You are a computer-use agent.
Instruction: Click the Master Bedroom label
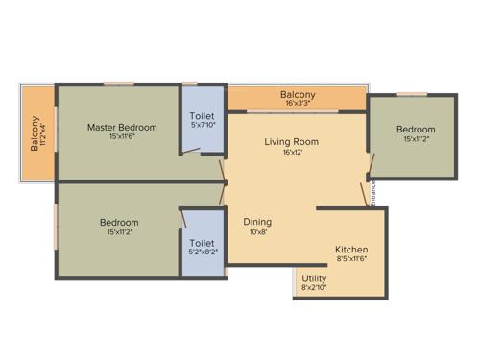pyautogui.click(x=122, y=127)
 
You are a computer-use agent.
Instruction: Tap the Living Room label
pyautogui.click(x=292, y=142)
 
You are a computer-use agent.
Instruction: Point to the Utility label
pyautogui.click(x=314, y=277)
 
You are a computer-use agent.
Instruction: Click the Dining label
pyautogui.click(x=257, y=220)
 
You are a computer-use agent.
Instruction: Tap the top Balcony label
pyautogui.click(x=298, y=95)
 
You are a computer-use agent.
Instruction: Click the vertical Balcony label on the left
pyautogui.click(x=35, y=133)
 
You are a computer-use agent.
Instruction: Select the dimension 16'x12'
pyautogui.click(x=292, y=153)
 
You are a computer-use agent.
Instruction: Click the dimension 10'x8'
pyautogui.click(x=257, y=230)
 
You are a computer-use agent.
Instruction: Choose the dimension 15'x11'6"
pyautogui.click(x=122, y=136)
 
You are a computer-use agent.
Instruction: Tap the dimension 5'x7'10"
pyautogui.click(x=204, y=124)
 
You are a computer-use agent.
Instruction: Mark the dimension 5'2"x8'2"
pyautogui.click(x=202, y=252)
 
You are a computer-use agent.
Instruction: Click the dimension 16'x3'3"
pyautogui.click(x=298, y=105)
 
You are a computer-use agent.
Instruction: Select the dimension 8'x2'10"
pyautogui.click(x=314, y=287)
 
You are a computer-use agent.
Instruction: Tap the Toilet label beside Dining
pyautogui.click(x=202, y=243)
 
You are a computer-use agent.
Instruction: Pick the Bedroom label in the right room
pyautogui.click(x=416, y=130)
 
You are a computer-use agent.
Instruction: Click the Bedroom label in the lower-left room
pyautogui.click(x=119, y=223)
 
